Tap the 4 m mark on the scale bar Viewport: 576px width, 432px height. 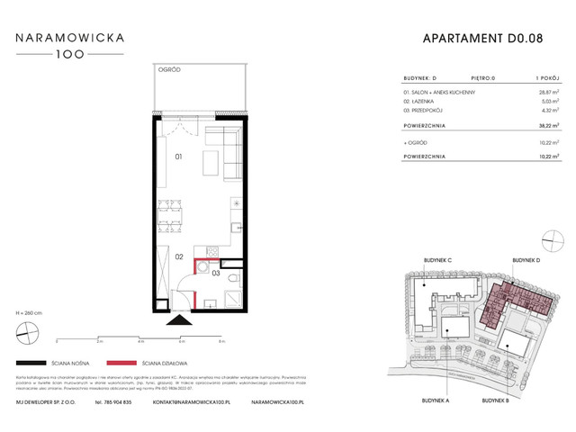click(x=140, y=342)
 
